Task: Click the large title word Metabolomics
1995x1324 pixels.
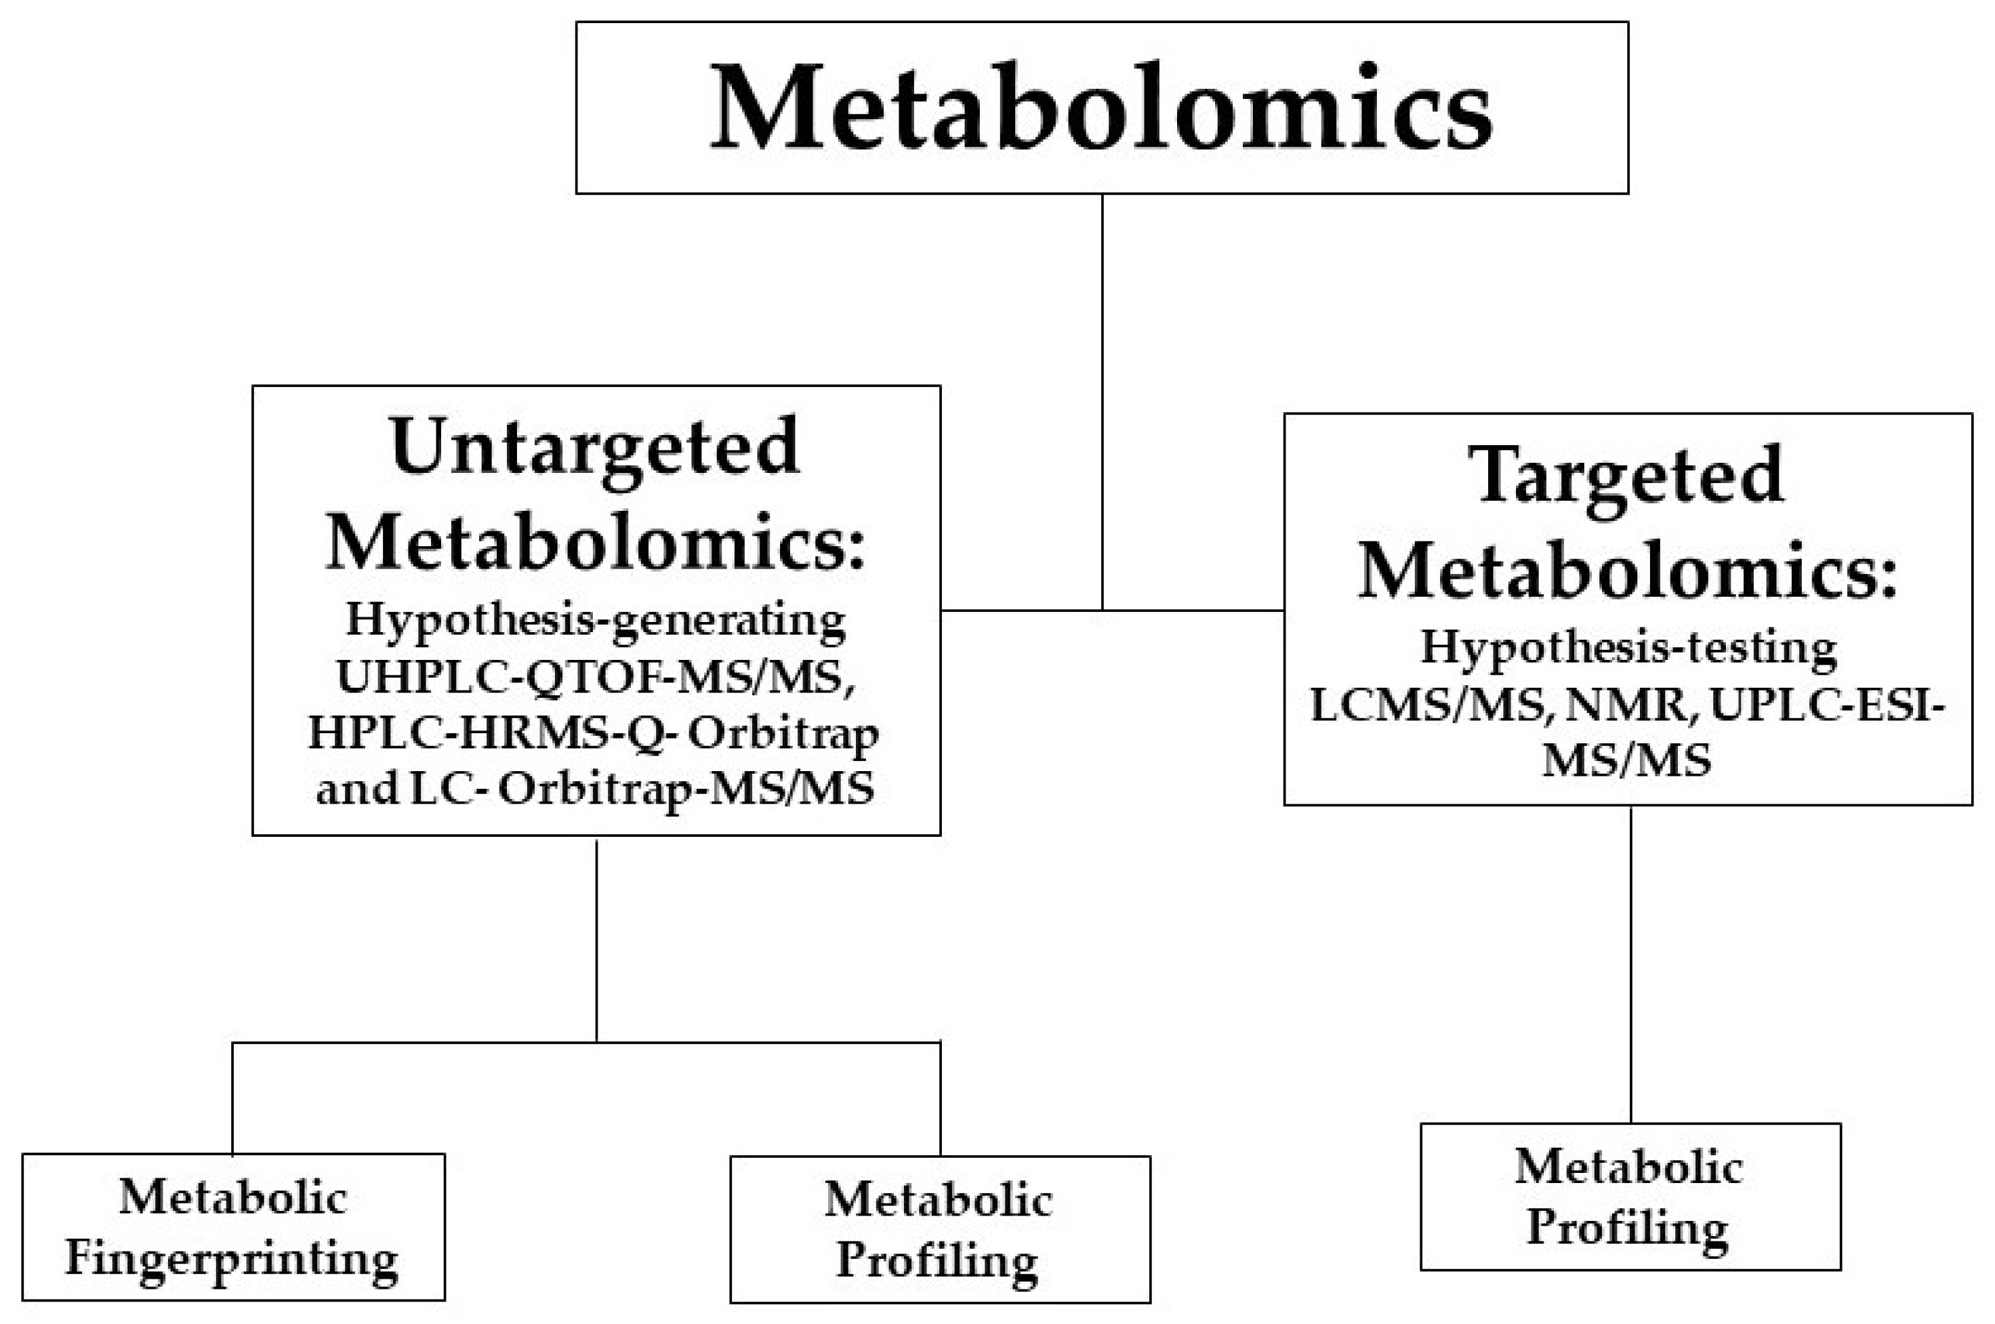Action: (1101, 108)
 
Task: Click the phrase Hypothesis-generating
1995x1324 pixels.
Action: (595, 621)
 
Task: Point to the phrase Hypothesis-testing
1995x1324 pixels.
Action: (1628, 648)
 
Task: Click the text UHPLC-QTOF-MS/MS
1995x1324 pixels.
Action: (595, 677)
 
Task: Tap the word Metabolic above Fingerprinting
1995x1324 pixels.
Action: (232, 1197)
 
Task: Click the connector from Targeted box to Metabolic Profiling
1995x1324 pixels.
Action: (1630, 963)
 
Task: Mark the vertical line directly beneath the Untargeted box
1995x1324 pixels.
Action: (596, 937)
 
